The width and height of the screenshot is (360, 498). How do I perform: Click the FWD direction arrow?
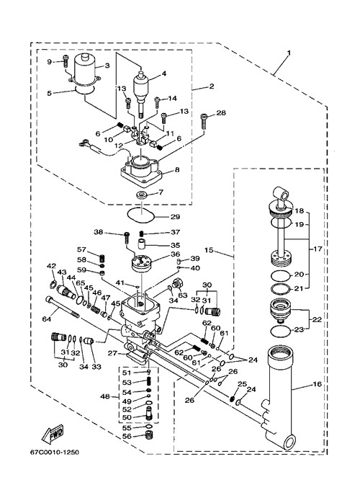pyautogui.click(x=53, y=434)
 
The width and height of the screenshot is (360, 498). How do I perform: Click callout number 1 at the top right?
pyautogui.click(x=288, y=53)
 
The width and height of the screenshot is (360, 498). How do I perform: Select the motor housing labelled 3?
pyautogui.click(x=84, y=70)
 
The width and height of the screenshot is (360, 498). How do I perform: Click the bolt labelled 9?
pyautogui.click(x=66, y=61)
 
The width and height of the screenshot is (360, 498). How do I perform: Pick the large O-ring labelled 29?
pyautogui.click(x=140, y=215)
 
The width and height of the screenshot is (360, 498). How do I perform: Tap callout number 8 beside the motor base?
pyautogui.click(x=177, y=169)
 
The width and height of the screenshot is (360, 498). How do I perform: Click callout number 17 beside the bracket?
pyautogui.click(x=318, y=249)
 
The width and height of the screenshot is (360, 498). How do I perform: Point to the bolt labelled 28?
pyautogui.click(x=204, y=121)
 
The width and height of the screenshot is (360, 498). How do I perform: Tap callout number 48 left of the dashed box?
pyautogui.click(x=105, y=396)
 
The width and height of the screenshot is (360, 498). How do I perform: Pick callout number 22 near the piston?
pyautogui.click(x=317, y=319)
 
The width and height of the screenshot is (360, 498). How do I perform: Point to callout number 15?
pyautogui.click(x=209, y=250)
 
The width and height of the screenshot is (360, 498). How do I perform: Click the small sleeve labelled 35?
pyautogui.click(x=142, y=245)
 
